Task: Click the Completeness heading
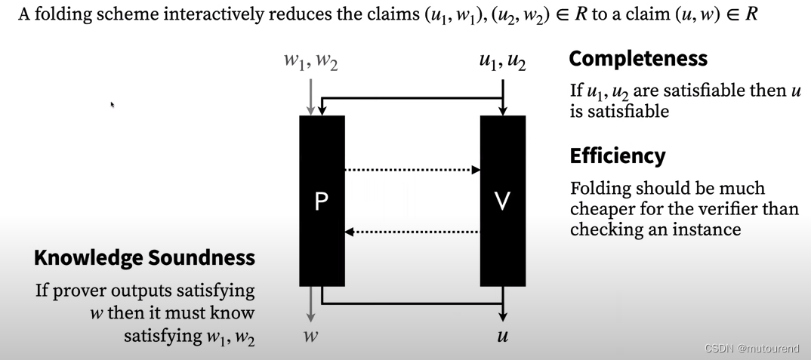(638, 58)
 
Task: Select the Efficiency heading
(618, 155)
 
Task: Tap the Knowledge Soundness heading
(144, 257)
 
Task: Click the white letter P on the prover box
(322, 202)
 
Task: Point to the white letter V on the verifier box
(502, 202)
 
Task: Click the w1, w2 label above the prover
(310, 61)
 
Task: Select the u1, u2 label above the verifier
(502, 61)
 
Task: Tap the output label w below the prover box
(310, 337)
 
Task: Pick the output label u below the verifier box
(502, 337)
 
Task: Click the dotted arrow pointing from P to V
(412, 170)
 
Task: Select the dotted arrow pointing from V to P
(412, 231)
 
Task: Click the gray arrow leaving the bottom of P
(310, 306)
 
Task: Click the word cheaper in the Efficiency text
(601, 208)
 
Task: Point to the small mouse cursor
(112, 105)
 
